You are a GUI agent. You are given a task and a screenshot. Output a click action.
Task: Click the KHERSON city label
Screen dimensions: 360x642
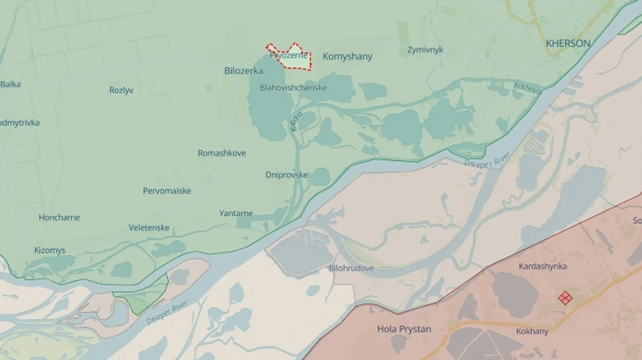(x=568, y=43)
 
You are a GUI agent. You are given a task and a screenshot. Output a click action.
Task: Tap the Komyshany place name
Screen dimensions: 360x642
(x=347, y=56)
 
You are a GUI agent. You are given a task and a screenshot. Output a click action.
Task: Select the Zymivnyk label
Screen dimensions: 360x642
(x=425, y=50)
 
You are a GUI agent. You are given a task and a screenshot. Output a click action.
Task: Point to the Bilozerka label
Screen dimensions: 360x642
(x=243, y=71)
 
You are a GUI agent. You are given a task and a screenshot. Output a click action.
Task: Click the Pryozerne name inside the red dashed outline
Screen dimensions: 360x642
(x=289, y=56)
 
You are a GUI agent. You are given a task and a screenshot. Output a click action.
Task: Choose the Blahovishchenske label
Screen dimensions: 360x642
(x=293, y=88)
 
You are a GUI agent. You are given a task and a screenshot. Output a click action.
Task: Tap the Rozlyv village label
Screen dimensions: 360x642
(x=121, y=91)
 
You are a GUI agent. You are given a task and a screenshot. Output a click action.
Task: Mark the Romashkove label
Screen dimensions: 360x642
(x=222, y=153)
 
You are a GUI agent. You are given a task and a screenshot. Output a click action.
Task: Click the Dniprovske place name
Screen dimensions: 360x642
(x=287, y=175)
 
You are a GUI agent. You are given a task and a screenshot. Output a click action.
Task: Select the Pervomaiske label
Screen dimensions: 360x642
(x=167, y=191)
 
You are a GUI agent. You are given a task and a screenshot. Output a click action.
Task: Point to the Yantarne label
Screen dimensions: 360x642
(x=236, y=213)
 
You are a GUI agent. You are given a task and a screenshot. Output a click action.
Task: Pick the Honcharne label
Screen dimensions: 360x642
(x=59, y=217)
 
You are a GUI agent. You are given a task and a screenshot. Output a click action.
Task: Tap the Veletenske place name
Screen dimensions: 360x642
(x=149, y=227)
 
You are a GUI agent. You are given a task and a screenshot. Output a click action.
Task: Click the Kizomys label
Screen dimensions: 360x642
(x=50, y=250)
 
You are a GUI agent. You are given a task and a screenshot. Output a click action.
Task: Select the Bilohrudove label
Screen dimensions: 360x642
(x=351, y=268)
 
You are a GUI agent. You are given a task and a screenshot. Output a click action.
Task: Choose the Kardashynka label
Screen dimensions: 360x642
(x=543, y=266)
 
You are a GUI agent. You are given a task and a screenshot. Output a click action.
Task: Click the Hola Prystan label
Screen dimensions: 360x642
(x=404, y=329)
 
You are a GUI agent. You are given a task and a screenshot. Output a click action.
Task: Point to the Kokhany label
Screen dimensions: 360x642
(x=532, y=331)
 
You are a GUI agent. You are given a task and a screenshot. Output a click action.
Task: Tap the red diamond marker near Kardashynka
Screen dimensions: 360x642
(x=565, y=298)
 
